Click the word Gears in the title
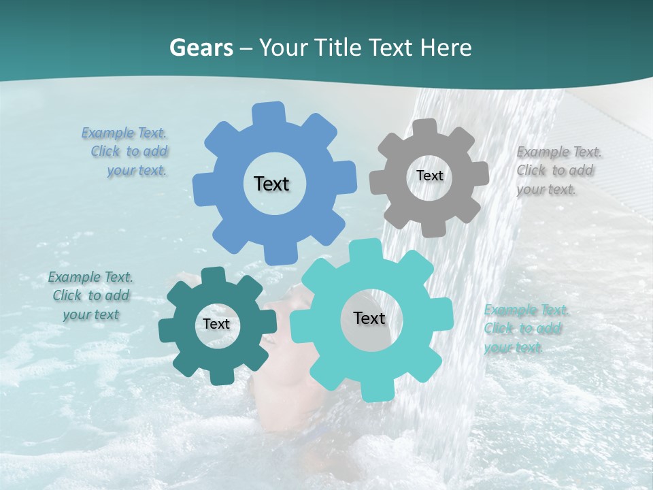[201, 48]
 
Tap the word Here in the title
[446, 48]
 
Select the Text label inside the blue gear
[271, 184]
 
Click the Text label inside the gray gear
[429, 176]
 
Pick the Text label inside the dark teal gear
[216, 325]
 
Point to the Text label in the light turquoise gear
[369, 318]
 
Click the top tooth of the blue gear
[269, 113]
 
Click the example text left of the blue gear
[127, 152]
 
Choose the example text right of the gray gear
[558, 171]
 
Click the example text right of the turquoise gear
[525, 329]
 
